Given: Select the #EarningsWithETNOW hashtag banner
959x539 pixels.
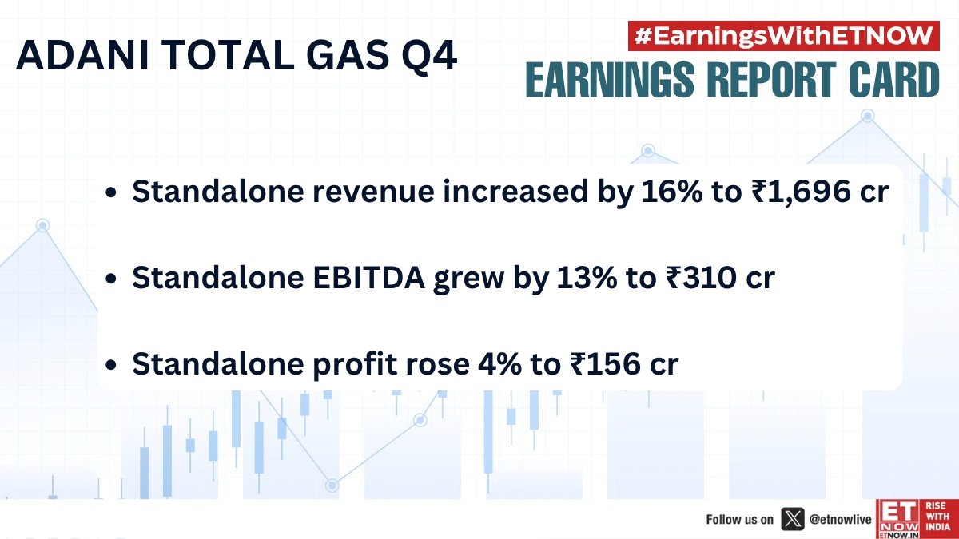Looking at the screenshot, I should point(784,36).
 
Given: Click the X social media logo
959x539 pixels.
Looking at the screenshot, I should point(792,519).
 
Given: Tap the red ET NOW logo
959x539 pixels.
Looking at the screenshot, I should point(898,519).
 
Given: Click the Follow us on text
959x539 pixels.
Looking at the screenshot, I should point(739,519).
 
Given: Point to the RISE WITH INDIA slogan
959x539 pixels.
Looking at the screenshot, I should point(937,519).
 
